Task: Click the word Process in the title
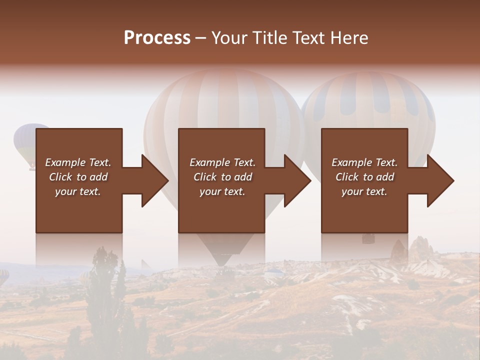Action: pyautogui.click(x=157, y=38)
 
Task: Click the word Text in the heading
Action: pyautogui.click(x=309, y=38)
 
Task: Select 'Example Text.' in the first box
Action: pyautogui.click(x=78, y=162)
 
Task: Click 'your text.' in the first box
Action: pyautogui.click(x=78, y=191)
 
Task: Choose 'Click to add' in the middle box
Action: pyautogui.click(x=222, y=177)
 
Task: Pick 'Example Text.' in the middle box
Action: pyautogui.click(x=222, y=162)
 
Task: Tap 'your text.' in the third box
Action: pyautogui.click(x=364, y=191)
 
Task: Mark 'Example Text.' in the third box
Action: pyautogui.click(x=364, y=162)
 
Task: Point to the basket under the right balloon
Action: pyautogui.click(x=368, y=238)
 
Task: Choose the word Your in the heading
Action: pyautogui.click(x=229, y=38)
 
